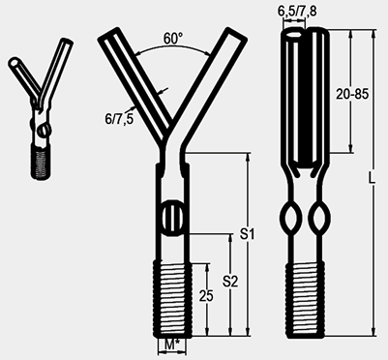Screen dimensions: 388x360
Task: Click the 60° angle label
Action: (173, 39)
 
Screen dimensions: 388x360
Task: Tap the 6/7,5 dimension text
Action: (119, 119)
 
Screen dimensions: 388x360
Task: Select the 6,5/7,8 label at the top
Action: (297, 11)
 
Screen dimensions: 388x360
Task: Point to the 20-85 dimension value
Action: (352, 94)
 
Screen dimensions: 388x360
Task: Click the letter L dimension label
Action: (373, 178)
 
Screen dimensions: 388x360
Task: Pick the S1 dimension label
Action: (247, 234)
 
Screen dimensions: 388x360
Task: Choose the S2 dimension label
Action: (230, 282)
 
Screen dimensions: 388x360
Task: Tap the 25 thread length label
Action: (206, 296)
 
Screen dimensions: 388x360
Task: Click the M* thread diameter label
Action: (172, 345)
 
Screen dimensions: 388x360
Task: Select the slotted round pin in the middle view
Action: (172, 218)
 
